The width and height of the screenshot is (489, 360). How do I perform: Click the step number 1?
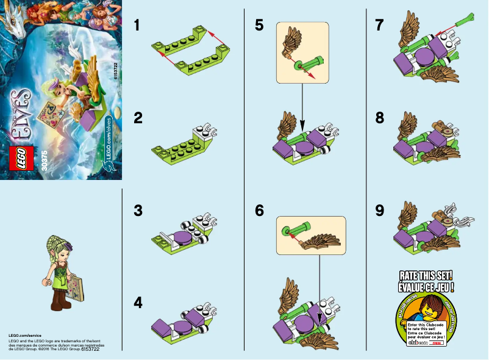pos(138,26)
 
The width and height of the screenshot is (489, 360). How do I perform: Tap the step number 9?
pos(380,211)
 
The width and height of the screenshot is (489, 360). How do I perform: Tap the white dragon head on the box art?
pos(15,25)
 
